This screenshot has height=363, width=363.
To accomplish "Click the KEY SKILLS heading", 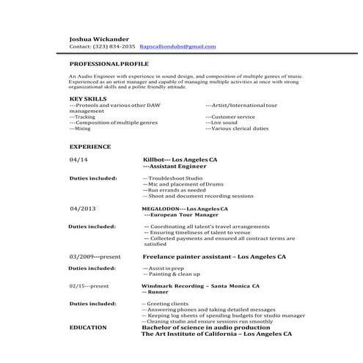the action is point(88,98).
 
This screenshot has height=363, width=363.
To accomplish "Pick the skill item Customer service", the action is point(230,117).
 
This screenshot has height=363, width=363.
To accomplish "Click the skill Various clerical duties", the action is point(237,128).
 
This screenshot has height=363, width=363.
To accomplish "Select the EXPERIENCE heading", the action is point(85,147).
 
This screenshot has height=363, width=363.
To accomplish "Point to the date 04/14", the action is point(78,159).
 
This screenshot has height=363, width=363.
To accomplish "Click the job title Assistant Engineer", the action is point(175,166).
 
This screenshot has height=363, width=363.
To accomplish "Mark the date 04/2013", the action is point(83,209).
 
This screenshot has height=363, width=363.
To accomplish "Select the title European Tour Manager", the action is point(178,216).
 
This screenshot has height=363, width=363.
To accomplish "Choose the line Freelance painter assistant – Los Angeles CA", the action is point(213,257).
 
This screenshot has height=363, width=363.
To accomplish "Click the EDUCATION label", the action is point(87,328).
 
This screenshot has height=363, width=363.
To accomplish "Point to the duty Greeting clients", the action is point(165,303).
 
